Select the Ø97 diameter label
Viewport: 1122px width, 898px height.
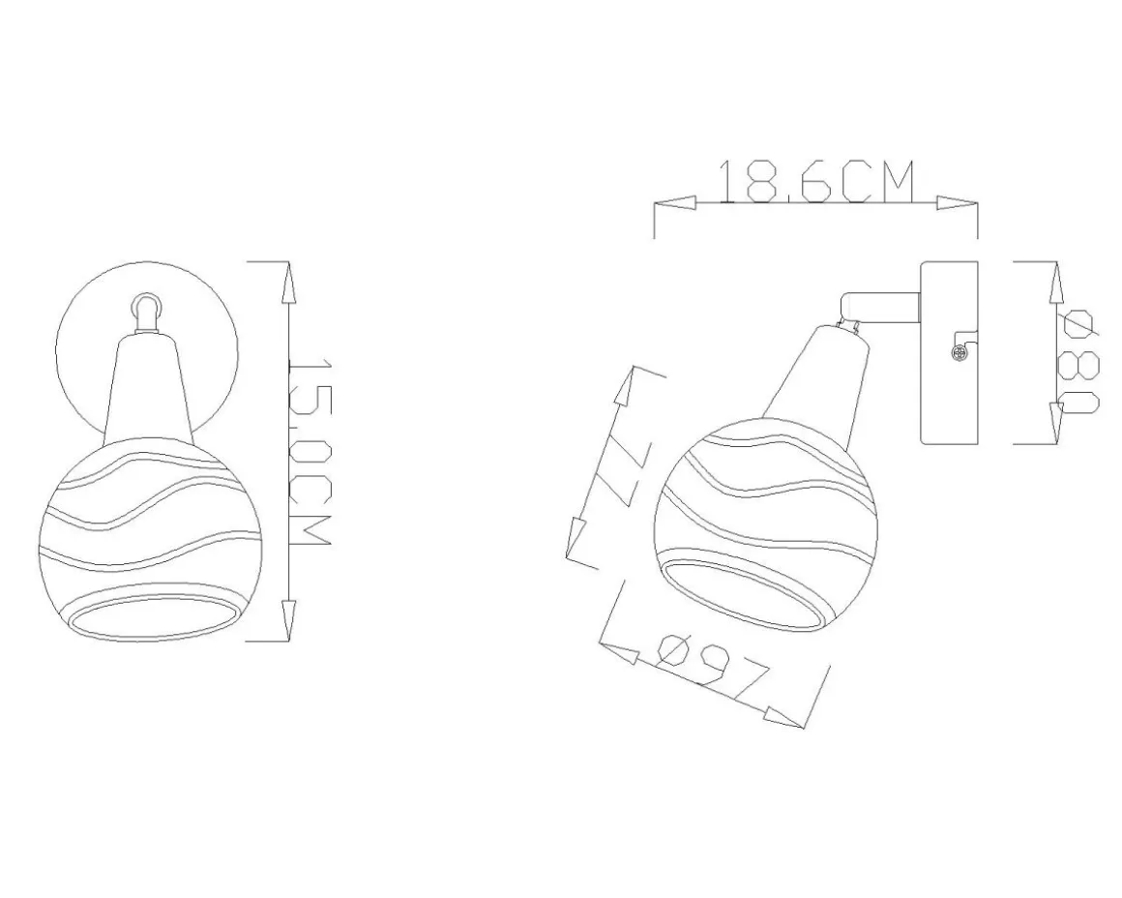(712, 667)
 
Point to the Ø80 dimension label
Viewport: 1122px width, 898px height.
(1080, 361)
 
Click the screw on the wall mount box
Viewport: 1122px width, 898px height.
(959, 352)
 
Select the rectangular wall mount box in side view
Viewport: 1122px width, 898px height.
(949, 352)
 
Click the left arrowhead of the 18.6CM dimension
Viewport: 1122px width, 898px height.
(675, 203)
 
